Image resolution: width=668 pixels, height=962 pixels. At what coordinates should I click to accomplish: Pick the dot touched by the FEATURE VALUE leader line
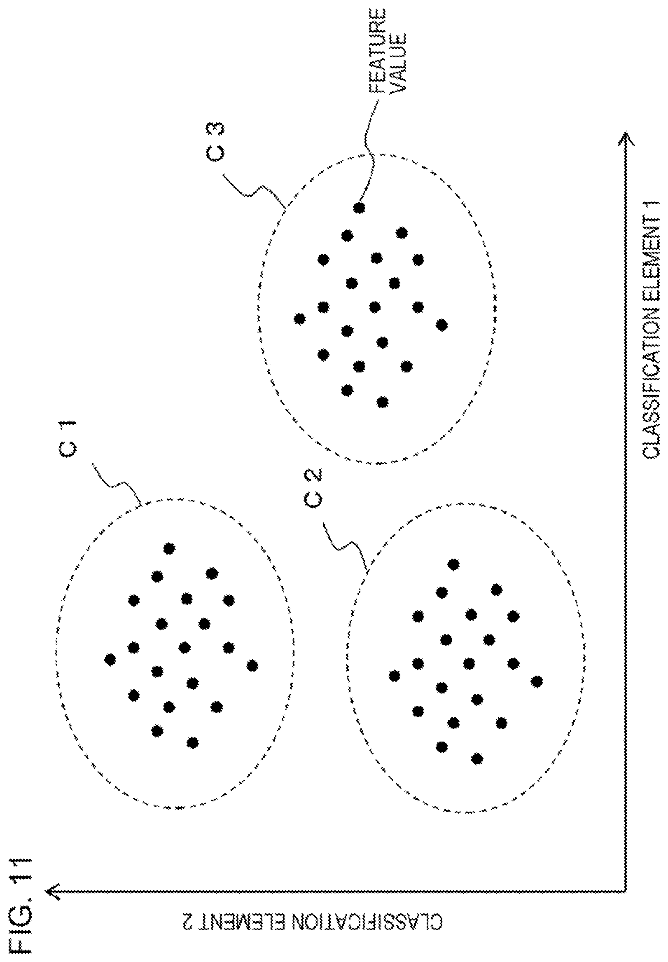(359, 207)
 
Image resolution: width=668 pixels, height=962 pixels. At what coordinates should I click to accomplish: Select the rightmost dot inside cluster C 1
(252, 666)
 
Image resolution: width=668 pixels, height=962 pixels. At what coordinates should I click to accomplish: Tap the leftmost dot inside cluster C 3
(299, 319)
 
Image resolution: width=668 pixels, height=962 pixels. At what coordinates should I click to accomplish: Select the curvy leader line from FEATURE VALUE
(368, 151)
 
